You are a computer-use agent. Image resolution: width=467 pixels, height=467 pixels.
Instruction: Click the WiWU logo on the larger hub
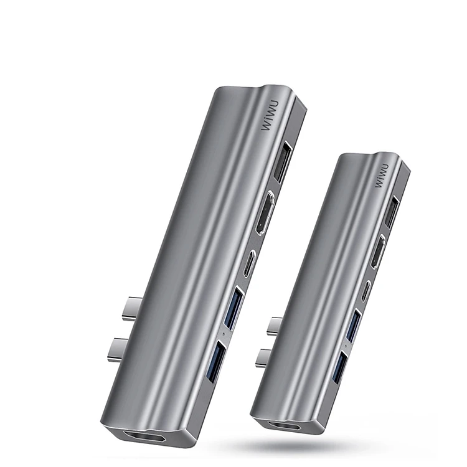[x=270, y=115]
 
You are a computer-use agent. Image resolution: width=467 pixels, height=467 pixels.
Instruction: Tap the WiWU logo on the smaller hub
[x=381, y=176]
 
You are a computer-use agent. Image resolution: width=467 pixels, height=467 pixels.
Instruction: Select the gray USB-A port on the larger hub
[x=282, y=163]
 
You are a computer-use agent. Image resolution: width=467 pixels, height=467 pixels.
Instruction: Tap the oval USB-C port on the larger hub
[x=250, y=264]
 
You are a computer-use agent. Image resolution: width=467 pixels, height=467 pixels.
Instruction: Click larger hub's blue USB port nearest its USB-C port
[x=235, y=308]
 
